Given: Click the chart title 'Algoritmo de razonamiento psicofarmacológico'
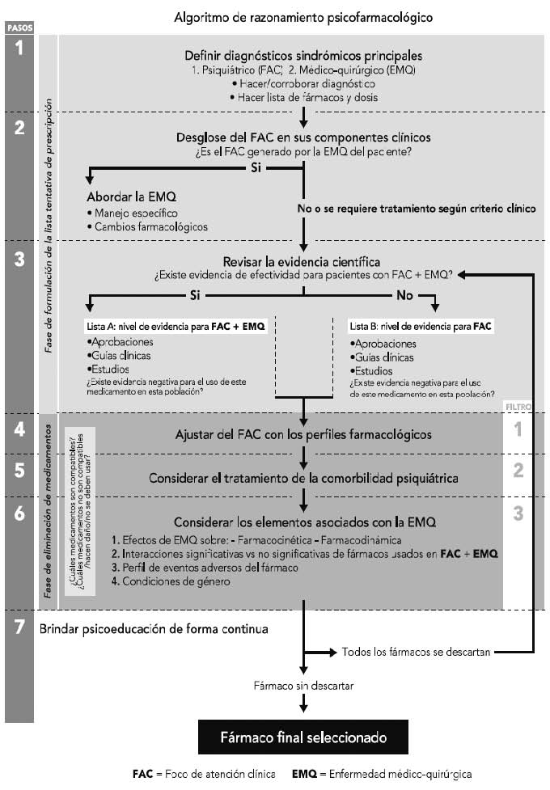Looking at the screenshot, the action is (x=303, y=18).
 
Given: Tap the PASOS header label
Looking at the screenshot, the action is (x=19, y=28).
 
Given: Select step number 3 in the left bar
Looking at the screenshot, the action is (x=19, y=259).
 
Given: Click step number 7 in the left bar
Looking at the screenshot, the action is (x=19, y=626).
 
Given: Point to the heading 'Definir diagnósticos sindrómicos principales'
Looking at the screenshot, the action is (x=303, y=56).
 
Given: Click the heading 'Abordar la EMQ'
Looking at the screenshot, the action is (x=132, y=196).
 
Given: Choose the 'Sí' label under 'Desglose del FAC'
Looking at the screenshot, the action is (x=256, y=167).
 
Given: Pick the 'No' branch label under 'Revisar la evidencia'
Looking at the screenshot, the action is (x=404, y=295).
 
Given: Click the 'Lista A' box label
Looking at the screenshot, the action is (x=176, y=327).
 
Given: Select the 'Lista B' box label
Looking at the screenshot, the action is (x=421, y=327).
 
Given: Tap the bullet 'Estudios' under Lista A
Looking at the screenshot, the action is (x=108, y=370).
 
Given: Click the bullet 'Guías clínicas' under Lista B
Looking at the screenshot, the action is (x=382, y=357).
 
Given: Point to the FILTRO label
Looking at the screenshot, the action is (x=518, y=407).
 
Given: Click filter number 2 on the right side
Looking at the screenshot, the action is (x=518, y=470).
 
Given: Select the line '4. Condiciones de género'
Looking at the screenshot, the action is (x=171, y=581).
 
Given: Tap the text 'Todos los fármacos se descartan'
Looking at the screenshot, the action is (x=416, y=652).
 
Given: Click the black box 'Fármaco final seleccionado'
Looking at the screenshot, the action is (x=303, y=737).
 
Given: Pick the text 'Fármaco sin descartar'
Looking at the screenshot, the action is (x=303, y=686).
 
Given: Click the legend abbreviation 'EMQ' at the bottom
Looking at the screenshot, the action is (x=304, y=774).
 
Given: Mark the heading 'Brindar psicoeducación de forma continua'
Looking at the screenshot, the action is (x=154, y=629).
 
